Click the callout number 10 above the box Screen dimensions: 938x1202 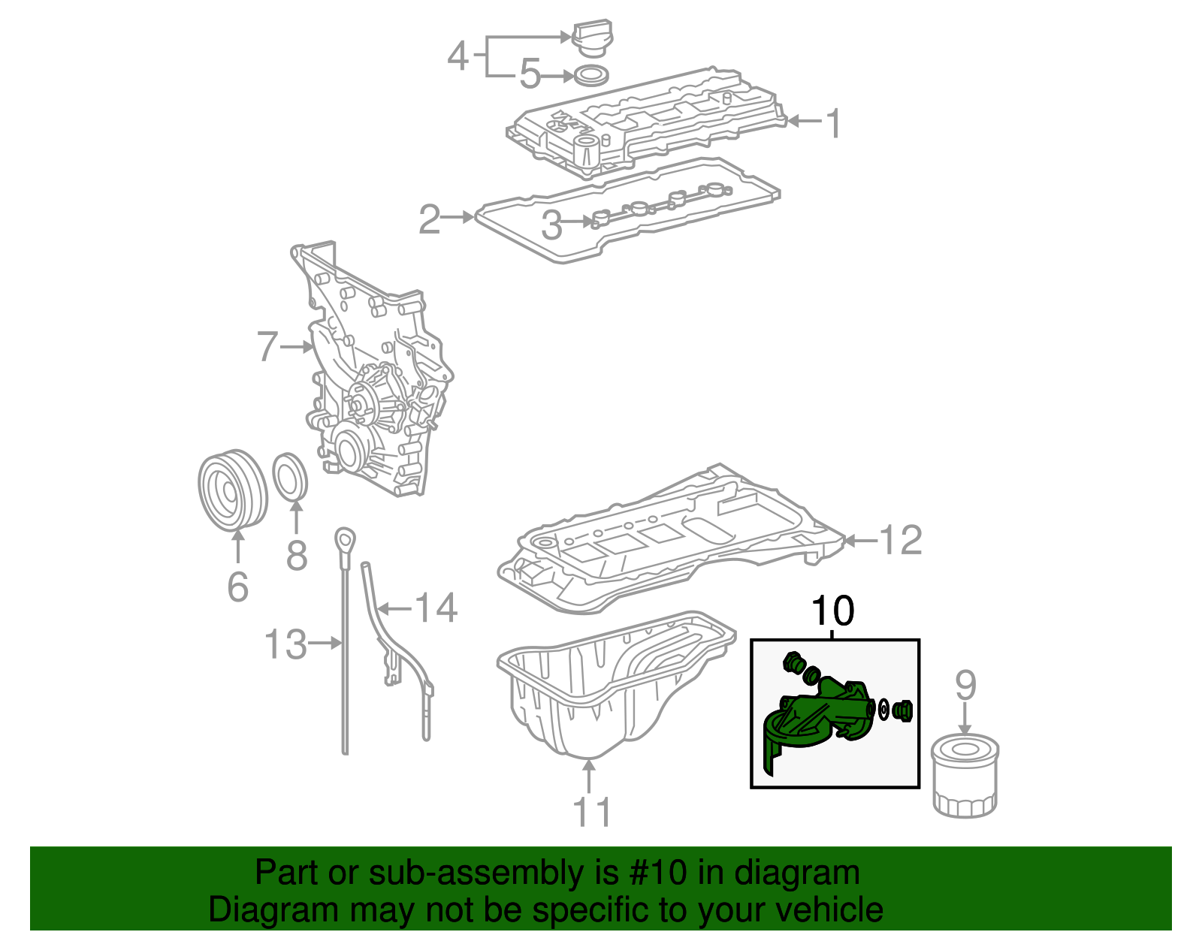(x=833, y=611)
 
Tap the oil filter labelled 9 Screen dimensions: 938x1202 (x=965, y=777)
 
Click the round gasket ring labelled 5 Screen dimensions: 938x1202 (x=591, y=75)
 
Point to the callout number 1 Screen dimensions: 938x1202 (x=832, y=123)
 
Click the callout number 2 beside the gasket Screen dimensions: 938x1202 (x=429, y=219)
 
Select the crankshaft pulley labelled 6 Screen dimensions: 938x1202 (x=233, y=490)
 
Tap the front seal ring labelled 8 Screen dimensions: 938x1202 (x=290, y=475)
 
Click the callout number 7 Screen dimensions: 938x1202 (x=267, y=347)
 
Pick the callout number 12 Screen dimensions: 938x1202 (x=900, y=540)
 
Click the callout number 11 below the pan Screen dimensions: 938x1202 (x=592, y=812)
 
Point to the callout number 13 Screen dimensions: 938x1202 (x=285, y=644)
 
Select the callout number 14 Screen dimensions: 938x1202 (x=436, y=608)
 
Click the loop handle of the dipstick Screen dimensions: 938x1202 (x=345, y=539)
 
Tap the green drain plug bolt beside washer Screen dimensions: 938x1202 (x=905, y=710)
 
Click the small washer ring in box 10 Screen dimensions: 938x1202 (x=884, y=710)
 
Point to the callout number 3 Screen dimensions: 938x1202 (x=552, y=225)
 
